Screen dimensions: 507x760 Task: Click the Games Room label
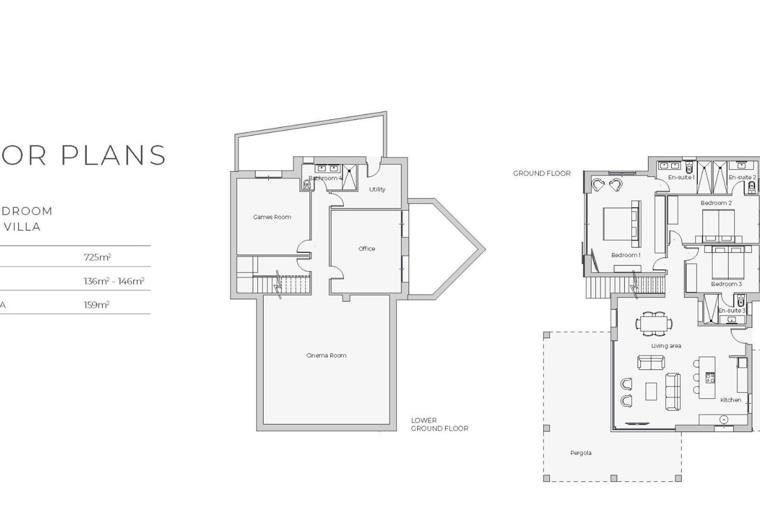pyautogui.click(x=272, y=217)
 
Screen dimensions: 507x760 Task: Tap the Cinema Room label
pyautogui.click(x=326, y=356)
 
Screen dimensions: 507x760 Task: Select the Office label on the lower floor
pyautogui.click(x=367, y=249)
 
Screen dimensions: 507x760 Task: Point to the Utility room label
pyautogui.click(x=377, y=189)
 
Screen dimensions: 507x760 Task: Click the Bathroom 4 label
pyautogui.click(x=325, y=178)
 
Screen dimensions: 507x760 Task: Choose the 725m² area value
pyautogui.click(x=97, y=257)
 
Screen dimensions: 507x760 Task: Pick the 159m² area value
pyautogui.click(x=96, y=305)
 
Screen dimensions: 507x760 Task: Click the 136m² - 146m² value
pyautogui.click(x=114, y=281)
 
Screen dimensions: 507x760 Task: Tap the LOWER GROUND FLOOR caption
pyautogui.click(x=439, y=424)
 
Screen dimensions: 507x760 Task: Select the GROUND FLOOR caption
pyautogui.click(x=541, y=173)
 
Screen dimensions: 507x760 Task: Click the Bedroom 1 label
pyautogui.click(x=625, y=255)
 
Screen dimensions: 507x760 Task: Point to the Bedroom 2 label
pyautogui.click(x=716, y=203)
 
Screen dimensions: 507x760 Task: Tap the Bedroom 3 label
pyautogui.click(x=726, y=284)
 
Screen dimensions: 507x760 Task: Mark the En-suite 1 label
pyautogui.click(x=681, y=177)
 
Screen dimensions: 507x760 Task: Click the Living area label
pyautogui.click(x=666, y=346)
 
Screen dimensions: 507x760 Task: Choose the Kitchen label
pyautogui.click(x=731, y=400)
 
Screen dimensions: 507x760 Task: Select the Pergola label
pyautogui.click(x=581, y=453)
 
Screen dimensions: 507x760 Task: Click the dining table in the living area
pyautogui.click(x=654, y=323)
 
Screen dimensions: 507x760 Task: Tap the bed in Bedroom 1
pyautogui.click(x=617, y=224)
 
